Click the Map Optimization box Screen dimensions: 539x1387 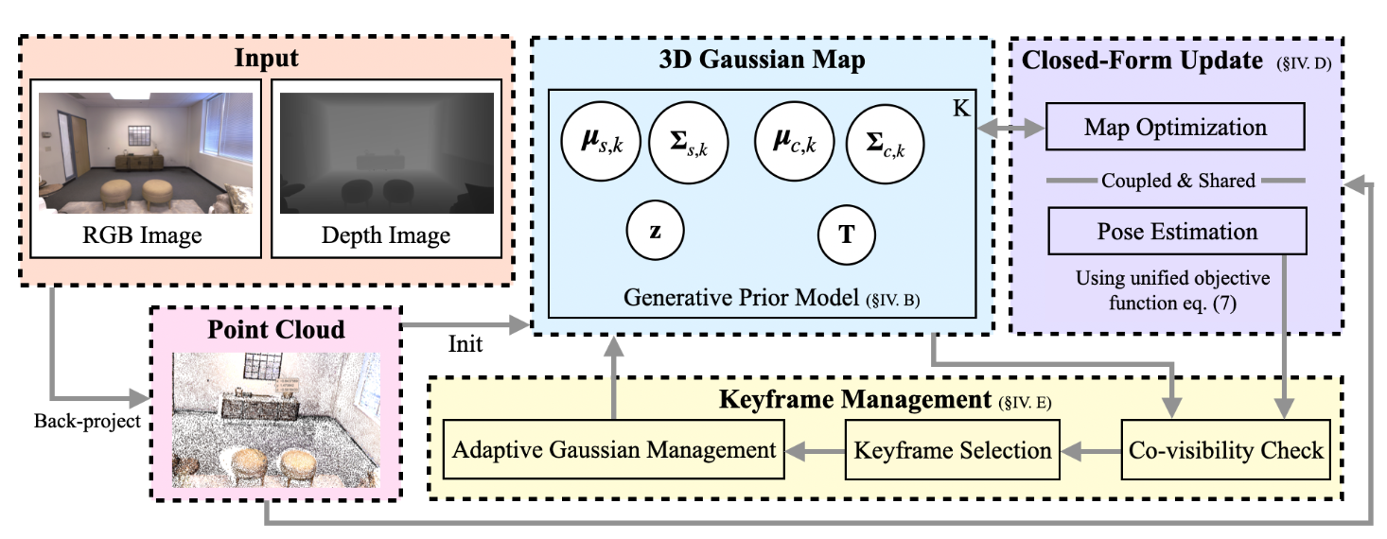coord(1176,127)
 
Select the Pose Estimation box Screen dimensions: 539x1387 coord(1176,232)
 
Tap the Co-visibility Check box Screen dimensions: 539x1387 coord(1226,450)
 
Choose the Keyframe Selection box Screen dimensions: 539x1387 coord(953,450)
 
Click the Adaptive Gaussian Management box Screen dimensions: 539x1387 coord(614,450)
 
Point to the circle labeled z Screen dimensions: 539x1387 coord(655,232)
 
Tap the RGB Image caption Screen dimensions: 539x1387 coord(145,234)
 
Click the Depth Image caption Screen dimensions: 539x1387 coord(386,234)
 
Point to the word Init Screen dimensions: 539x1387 coord(465,344)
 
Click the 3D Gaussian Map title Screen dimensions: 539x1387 coord(762,61)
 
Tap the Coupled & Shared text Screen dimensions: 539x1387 coord(1177,180)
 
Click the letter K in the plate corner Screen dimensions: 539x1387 coord(960,108)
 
